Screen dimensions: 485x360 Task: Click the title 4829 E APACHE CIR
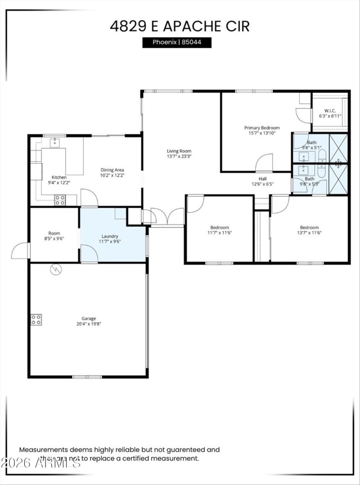[x=180, y=26]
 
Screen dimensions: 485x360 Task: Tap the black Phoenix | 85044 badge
[x=177, y=43]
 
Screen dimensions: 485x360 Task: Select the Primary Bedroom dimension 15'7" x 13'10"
[x=262, y=133]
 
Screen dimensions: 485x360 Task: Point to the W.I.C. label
[x=330, y=111]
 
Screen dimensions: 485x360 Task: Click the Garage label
[x=89, y=319]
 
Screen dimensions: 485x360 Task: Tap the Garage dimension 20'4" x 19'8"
[x=89, y=324]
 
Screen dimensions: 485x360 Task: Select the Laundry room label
[x=110, y=236]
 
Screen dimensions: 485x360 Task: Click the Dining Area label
[x=112, y=170]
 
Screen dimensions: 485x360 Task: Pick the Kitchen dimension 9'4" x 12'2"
[x=59, y=183]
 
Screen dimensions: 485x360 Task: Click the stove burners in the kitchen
[x=60, y=200]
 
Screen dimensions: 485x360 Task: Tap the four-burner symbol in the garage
[x=36, y=319]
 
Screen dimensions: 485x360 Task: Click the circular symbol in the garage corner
[x=56, y=269]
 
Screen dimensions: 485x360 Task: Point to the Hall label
[x=262, y=178]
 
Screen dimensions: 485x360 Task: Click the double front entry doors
[x=167, y=217]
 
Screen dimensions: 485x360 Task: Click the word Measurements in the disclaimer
[x=43, y=449]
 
